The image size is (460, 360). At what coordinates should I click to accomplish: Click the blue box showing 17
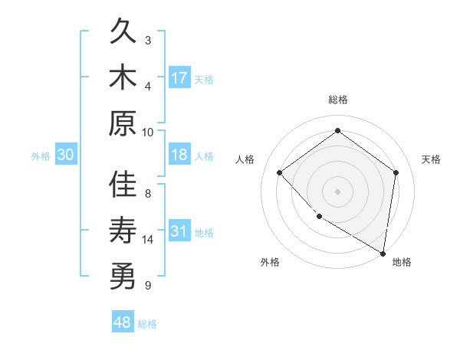tap(179, 77)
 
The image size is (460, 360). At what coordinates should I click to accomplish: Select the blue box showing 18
tap(179, 155)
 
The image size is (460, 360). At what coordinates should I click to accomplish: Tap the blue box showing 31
tap(179, 231)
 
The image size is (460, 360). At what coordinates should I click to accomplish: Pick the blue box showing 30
tap(65, 155)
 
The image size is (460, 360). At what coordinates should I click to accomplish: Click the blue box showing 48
tap(123, 322)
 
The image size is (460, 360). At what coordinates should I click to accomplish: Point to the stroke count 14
tap(148, 240)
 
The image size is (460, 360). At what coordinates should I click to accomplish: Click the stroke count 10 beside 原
tap(148, 131)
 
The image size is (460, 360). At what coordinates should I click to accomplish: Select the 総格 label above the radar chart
tap(337, 100)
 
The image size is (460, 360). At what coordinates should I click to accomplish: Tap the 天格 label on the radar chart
tap(431, 159)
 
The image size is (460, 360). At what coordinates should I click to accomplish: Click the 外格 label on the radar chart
tap(270, 262)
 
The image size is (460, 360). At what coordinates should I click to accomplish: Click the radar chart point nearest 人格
tap(280, 172)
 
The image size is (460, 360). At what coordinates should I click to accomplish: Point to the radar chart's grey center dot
tap(337, 191)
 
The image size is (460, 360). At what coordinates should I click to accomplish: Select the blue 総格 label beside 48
tap(147, 324)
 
